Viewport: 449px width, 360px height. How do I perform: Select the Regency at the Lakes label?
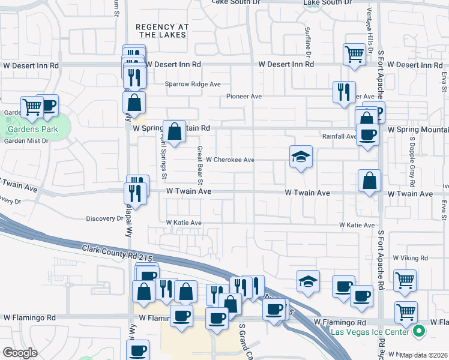pyautogui.click(x=162, y=31)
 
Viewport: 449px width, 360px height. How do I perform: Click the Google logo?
pyautogui.click(x=20, y=353)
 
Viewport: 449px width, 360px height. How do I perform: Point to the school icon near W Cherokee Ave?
pyautogui.click(x=301, y=157)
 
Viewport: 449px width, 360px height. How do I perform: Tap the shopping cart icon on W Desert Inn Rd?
pyautogui.click(x=354, y=54)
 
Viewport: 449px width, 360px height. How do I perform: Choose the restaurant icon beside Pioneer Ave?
pyautogui.click(x=344, y=92)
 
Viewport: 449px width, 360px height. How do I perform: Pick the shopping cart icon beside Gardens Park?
pyautogui.click(x=32, y=107)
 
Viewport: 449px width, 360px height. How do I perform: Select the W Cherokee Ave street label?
pyautogui.click(x=231, y=160)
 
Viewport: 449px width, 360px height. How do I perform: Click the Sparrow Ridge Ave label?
pyautogui.click(x=193, y=84)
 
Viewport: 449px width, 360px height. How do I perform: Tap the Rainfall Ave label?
pyautogui.click(x=339, y=137)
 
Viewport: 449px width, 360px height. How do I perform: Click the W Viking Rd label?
pyautogui.click(x=410, y=258)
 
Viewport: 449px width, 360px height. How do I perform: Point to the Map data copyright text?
pyautogui.click(x=424, y=355)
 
